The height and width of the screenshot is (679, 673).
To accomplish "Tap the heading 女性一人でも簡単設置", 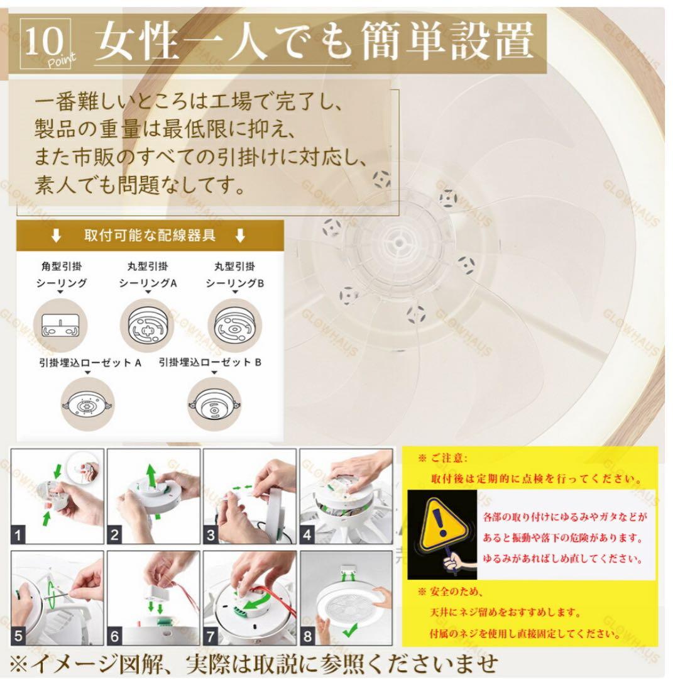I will (314, 41).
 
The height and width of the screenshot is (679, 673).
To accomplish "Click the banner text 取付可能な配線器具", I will (150, 236).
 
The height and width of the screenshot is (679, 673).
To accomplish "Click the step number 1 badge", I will (18, 535).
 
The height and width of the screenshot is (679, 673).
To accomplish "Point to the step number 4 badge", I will (307, 535).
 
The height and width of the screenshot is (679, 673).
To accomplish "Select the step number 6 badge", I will (114, 637).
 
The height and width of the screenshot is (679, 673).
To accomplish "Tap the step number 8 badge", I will (307, 637).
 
